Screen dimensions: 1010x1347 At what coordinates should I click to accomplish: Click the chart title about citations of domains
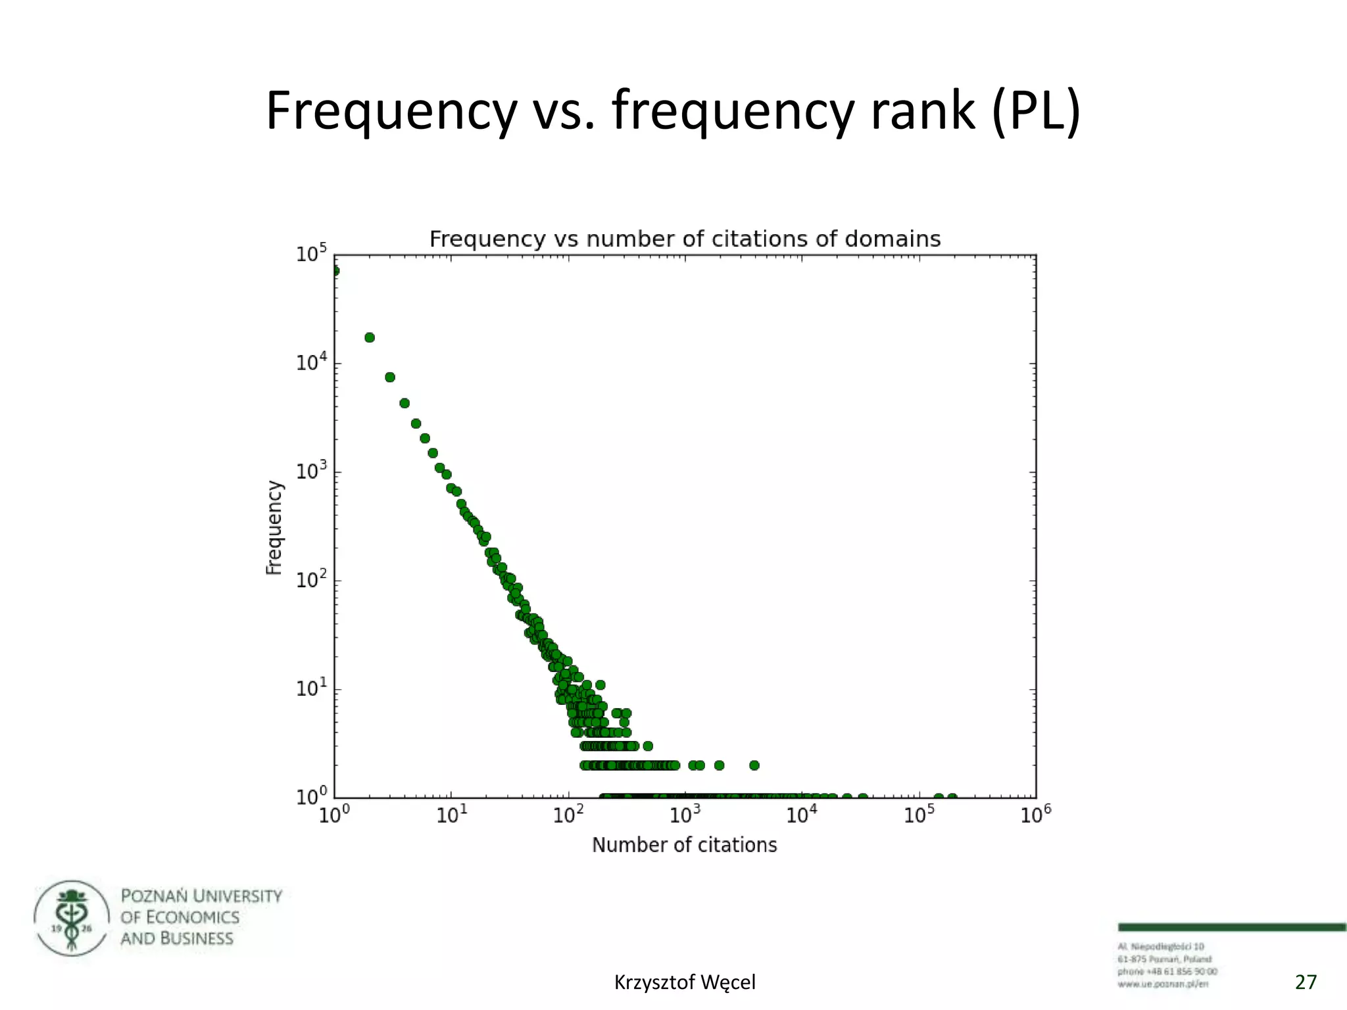(685, 239)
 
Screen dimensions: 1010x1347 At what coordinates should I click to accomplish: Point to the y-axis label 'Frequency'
(274, 527)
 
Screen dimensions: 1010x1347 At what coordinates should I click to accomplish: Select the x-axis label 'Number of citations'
(684, 845)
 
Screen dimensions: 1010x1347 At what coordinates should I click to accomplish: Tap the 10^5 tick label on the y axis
(311, 254)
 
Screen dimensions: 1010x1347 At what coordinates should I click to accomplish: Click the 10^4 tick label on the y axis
(311, 362)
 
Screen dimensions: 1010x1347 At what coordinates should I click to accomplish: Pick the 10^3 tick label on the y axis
(311, 471)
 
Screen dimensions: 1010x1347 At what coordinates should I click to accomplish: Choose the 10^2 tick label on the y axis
(311, 580)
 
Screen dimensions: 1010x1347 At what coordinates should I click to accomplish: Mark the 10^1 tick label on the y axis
(311, 688)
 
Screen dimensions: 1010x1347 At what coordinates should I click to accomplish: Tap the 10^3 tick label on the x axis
(685, 816)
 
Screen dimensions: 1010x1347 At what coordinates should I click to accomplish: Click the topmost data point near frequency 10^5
(335, 270)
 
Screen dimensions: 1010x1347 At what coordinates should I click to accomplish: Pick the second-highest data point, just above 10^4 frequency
(370, 337)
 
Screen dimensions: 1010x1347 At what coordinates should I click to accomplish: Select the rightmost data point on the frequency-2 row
(754, 765)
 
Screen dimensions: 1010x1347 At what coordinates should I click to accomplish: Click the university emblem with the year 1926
(72, 918)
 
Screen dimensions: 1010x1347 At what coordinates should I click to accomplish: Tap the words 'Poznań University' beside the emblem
(201, 896)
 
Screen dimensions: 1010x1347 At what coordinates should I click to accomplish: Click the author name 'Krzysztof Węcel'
(685, 982)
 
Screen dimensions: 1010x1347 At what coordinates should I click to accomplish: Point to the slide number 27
(1306, 982)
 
